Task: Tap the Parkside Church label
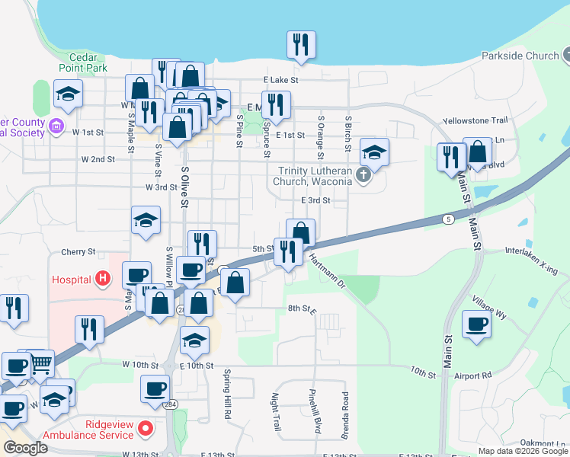coord(520,56)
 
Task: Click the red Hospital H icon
coord(102,280)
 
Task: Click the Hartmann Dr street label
coord(328,271)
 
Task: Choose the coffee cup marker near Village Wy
coord(477,324)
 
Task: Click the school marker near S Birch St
coord(374,152)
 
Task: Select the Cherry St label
coord(78,251)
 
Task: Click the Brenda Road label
coord(345,415)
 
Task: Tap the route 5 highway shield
coord(448,219)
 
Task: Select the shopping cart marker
coord(40,364)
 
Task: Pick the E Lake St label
coord(281,79)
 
